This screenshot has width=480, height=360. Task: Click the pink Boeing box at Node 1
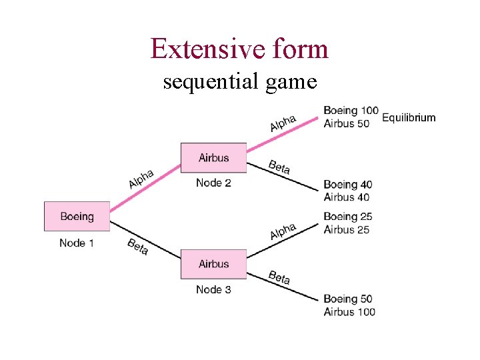(77, 216)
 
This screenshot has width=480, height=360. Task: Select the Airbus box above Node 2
(213, 158)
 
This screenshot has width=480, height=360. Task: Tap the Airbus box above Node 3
(213, 264)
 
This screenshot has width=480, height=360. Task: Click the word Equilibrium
(409, 118)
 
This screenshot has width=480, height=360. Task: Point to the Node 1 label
(77, 243)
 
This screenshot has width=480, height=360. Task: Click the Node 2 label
(213, 183)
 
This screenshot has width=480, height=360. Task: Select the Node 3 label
(213, 289)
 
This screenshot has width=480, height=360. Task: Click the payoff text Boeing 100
(351, 111)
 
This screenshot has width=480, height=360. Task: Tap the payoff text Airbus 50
(346, 124)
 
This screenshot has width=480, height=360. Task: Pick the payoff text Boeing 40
(348, 185)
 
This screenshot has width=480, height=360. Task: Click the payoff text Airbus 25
(347, 229)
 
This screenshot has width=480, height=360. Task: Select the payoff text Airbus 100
(349, 312)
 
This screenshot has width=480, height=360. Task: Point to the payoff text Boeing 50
(348, 299)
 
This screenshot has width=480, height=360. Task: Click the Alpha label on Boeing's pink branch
(141, 179)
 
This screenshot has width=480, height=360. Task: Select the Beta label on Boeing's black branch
(138, 246)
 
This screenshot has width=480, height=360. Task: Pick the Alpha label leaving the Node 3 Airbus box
(283, 231)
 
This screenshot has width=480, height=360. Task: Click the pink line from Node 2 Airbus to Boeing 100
(280, 133)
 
